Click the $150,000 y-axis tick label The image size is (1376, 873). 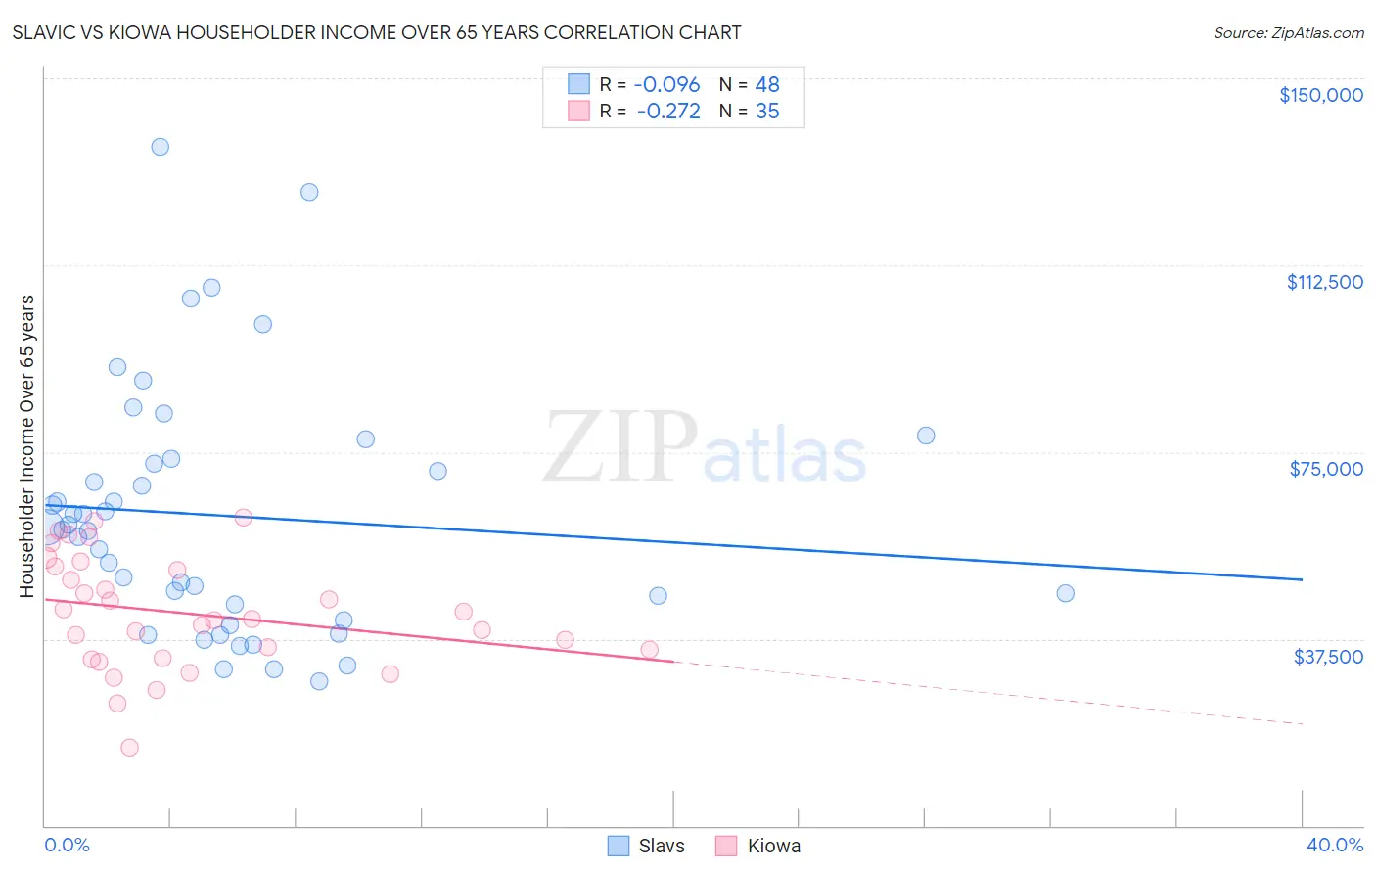(1320, 95)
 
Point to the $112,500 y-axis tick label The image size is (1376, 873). (1324, 282)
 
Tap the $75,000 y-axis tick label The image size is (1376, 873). (1326, 469)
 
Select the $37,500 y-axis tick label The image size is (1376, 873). (1328, 657)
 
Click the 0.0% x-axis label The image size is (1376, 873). (67, 846)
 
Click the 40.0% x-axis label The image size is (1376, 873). (1334, 846)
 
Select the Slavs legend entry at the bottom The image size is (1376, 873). (661, 847)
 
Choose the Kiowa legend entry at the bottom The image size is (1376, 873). (773, 847)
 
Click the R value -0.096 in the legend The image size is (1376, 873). (666, 85)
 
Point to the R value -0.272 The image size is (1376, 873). (667, 112)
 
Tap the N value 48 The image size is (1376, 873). (767, 85)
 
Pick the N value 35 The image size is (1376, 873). (767, 112)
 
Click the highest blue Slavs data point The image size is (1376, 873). (160, 147)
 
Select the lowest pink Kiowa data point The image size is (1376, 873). (129, 748)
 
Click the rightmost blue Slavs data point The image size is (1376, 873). (1065, 593)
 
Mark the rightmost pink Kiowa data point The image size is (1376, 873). (649, 649)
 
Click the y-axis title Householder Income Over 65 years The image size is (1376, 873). (27, 446)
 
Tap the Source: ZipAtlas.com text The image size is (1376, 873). (1288, 33)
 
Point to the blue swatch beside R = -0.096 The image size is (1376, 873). (578, 85)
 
